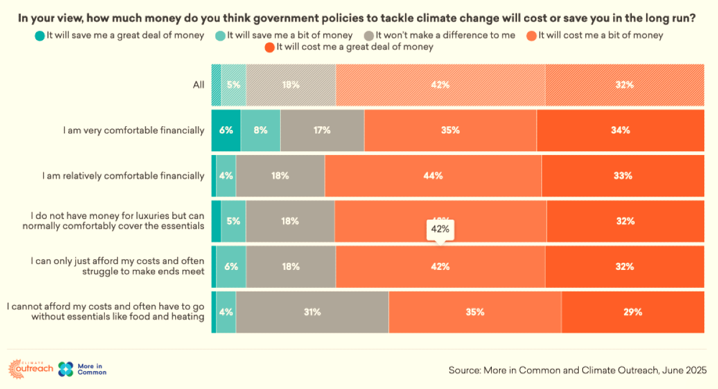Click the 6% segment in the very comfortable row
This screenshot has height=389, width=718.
pos(226,130)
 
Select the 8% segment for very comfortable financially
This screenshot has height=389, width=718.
pos(260,130)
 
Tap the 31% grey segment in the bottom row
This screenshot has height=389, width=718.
pos(312,312)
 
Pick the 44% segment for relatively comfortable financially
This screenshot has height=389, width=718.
pos(433,176)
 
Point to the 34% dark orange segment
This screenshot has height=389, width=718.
pos(620,130)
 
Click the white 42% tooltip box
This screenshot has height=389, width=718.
pos(440,229)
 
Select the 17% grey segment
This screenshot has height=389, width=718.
pos(322,130)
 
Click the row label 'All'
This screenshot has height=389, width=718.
pos(199,85)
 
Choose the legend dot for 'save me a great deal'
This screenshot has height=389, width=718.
pos(40,35)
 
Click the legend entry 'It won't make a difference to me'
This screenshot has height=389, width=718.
pos(445,35)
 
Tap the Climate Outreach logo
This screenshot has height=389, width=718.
pos(31,368)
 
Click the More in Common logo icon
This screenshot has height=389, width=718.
pos(66,369)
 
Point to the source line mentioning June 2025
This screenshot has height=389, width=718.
pos(577,370)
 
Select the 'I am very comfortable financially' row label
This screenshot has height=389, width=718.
pos(133,130)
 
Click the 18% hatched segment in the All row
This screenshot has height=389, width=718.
pos(291,85)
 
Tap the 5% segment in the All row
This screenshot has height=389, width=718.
pos(233,85)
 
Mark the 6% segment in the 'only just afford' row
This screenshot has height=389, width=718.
pos(231,267)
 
